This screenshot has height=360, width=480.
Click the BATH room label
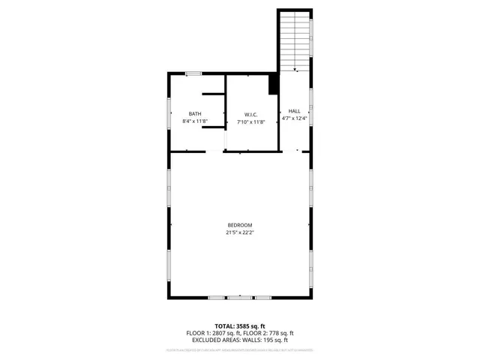(194, 114)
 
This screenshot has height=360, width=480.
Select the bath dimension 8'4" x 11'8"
(194, 121)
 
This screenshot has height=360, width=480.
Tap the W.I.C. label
(250, 114)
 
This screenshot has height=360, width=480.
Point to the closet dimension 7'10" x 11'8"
(250, 121)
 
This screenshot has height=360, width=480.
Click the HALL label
(294, 111)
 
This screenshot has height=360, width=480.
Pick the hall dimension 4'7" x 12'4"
(294, 118)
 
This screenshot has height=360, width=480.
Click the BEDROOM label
(240, 225)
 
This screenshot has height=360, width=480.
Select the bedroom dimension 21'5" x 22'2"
(240, 232)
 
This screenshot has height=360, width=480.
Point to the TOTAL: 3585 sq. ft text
(240, 325)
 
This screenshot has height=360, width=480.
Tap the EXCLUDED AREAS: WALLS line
(240, 340)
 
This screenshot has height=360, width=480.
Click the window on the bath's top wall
(193, 73)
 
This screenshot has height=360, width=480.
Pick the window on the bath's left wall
(169, 112)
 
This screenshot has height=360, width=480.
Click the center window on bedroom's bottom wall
(240, 298)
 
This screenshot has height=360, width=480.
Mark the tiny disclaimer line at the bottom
(240, 349)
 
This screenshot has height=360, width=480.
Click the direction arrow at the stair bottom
(295, 70)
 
